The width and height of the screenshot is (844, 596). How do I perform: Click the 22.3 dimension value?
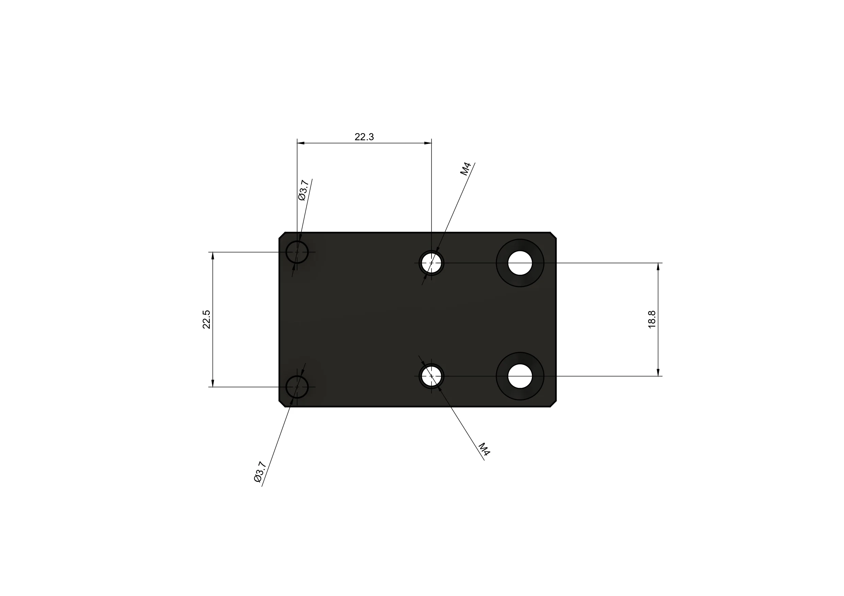point(364,137)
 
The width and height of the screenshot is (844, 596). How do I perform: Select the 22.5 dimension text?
point(207,319)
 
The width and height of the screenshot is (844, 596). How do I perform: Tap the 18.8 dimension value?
point(652,319)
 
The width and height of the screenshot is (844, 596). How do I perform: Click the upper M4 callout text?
point(466,169)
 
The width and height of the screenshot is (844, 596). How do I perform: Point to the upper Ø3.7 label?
point(303,190)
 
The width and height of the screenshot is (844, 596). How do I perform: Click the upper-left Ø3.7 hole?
point(297,252)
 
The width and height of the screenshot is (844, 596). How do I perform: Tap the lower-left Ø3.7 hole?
point(297,387)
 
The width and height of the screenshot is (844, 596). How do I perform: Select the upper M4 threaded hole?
point(431,263)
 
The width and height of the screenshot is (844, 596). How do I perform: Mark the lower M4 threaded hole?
point(431,376)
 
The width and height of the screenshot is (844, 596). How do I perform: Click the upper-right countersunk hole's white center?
point(520,263)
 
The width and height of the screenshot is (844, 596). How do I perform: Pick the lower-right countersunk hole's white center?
point(520,376)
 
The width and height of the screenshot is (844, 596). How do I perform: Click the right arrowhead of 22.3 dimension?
point(428,143)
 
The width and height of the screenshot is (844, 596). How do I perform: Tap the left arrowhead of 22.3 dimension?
point(301,143)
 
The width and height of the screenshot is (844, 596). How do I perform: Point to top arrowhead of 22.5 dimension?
point(213,256)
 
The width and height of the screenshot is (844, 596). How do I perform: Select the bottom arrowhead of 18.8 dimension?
point(658,372)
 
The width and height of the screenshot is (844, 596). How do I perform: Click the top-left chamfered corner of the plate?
point(282,235)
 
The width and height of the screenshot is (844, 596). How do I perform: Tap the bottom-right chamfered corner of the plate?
point(553,404)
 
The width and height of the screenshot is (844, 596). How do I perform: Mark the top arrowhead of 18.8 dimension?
point(658,267)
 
